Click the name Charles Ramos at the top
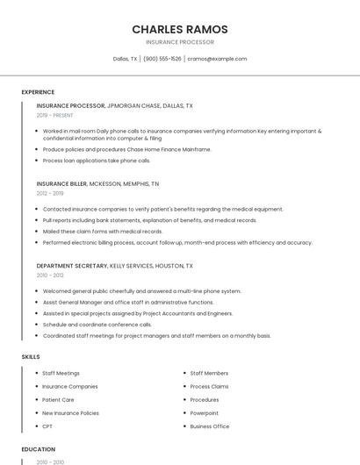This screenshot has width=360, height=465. (x=179, y=29)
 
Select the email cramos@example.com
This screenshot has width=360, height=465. (x=218, y=59)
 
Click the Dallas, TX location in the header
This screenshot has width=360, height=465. (x=125, y=59)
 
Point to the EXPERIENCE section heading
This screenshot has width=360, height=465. (x=38, y=92)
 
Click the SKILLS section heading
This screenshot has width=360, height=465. (x=31, y=357)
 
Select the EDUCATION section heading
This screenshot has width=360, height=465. (x=39, y=449)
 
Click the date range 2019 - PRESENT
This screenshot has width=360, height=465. (x=54, y=115)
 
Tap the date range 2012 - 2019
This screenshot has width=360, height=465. (x=50, y=193)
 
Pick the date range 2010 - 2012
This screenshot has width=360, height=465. (x=50, y=275)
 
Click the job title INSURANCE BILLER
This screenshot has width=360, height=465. (x=61, y=184)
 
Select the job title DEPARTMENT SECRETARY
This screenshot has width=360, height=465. (x=72, y=265)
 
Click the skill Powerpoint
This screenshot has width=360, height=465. (x=204, y=412)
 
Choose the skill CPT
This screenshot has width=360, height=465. (x=47, y=426)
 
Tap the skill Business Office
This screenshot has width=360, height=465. (x=210, y=426)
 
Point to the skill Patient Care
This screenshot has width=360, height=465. (x=58, y=399)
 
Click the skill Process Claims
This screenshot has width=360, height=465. (x=209, y=386)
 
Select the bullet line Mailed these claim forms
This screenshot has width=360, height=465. (x=102, y=232)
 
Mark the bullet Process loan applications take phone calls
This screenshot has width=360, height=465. (x=97, y=161)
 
